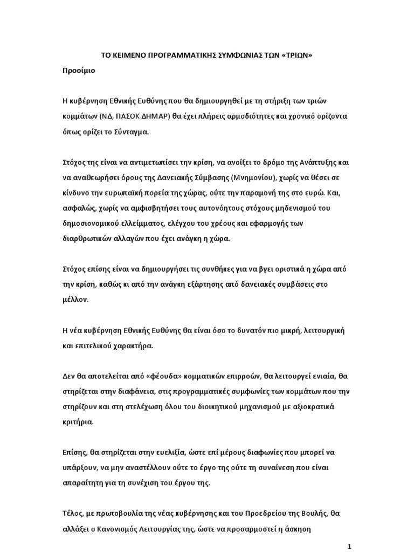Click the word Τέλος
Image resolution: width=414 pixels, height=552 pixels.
tap(73, 513)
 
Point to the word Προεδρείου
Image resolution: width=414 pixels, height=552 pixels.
tap(268, 513)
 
